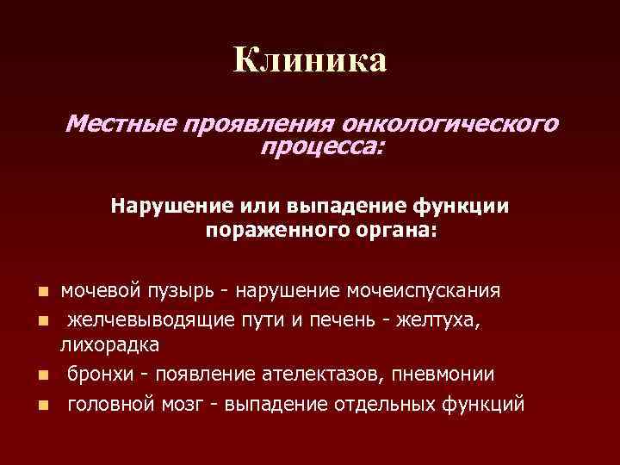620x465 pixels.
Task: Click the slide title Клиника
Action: (310, 60)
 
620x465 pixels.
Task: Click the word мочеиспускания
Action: (423, 288)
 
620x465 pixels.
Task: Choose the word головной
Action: (108, 404)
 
